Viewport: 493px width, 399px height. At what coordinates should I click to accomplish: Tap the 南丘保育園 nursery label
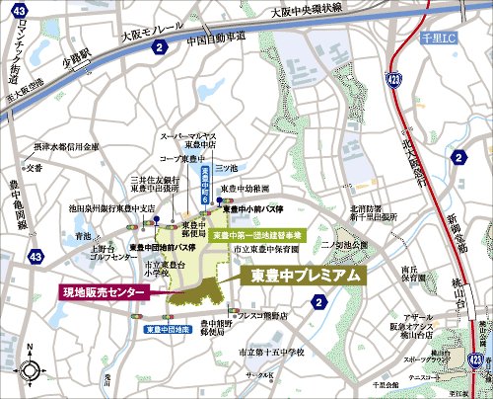coord(402,275)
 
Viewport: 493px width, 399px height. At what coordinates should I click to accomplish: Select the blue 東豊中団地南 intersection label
coord(167,329)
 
